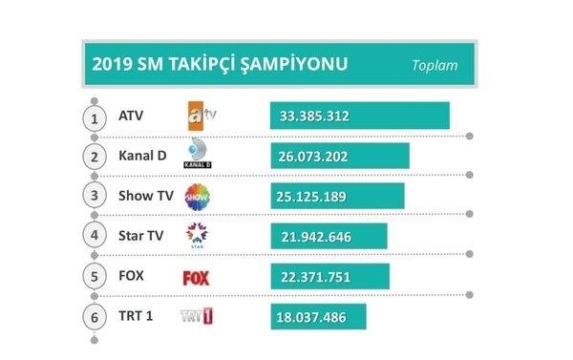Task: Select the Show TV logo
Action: click(197, 197)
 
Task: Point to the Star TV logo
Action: click(197, 237)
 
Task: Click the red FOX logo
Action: click(196, 278)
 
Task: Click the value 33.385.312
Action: click(314, 116)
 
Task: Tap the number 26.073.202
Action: click(314, 157)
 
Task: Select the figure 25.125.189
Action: click(314, 197)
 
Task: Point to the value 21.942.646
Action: click(314, 237)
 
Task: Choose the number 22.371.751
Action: click(314, 277)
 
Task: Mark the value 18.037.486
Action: click(314, 317)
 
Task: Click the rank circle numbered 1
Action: click(94, 117)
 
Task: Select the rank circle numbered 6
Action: click(94, 317)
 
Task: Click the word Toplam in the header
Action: click(435, 66)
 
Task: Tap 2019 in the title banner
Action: click(112, 65)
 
